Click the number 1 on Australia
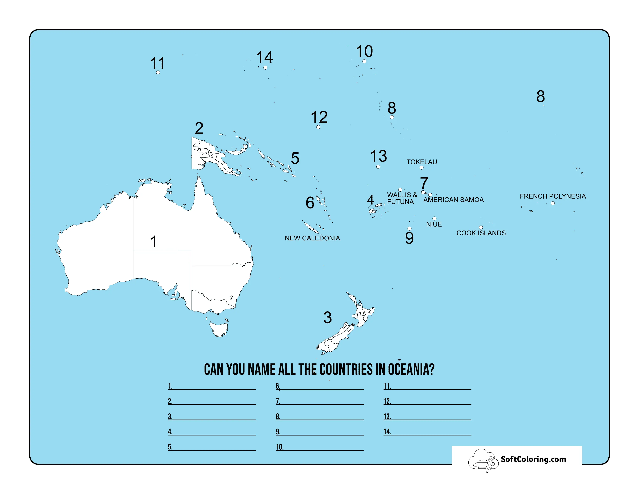coord(154,242)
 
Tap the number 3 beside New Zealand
coord(327,318)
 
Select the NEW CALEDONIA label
coord(312,238)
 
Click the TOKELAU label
coord(421,162)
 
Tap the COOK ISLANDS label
coord(481,233)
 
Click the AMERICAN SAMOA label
coord(453,200)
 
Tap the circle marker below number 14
coord(265,68)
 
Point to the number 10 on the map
coord(364,52)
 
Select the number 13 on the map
coord(378,156)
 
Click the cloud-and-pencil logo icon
coord(483,460)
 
